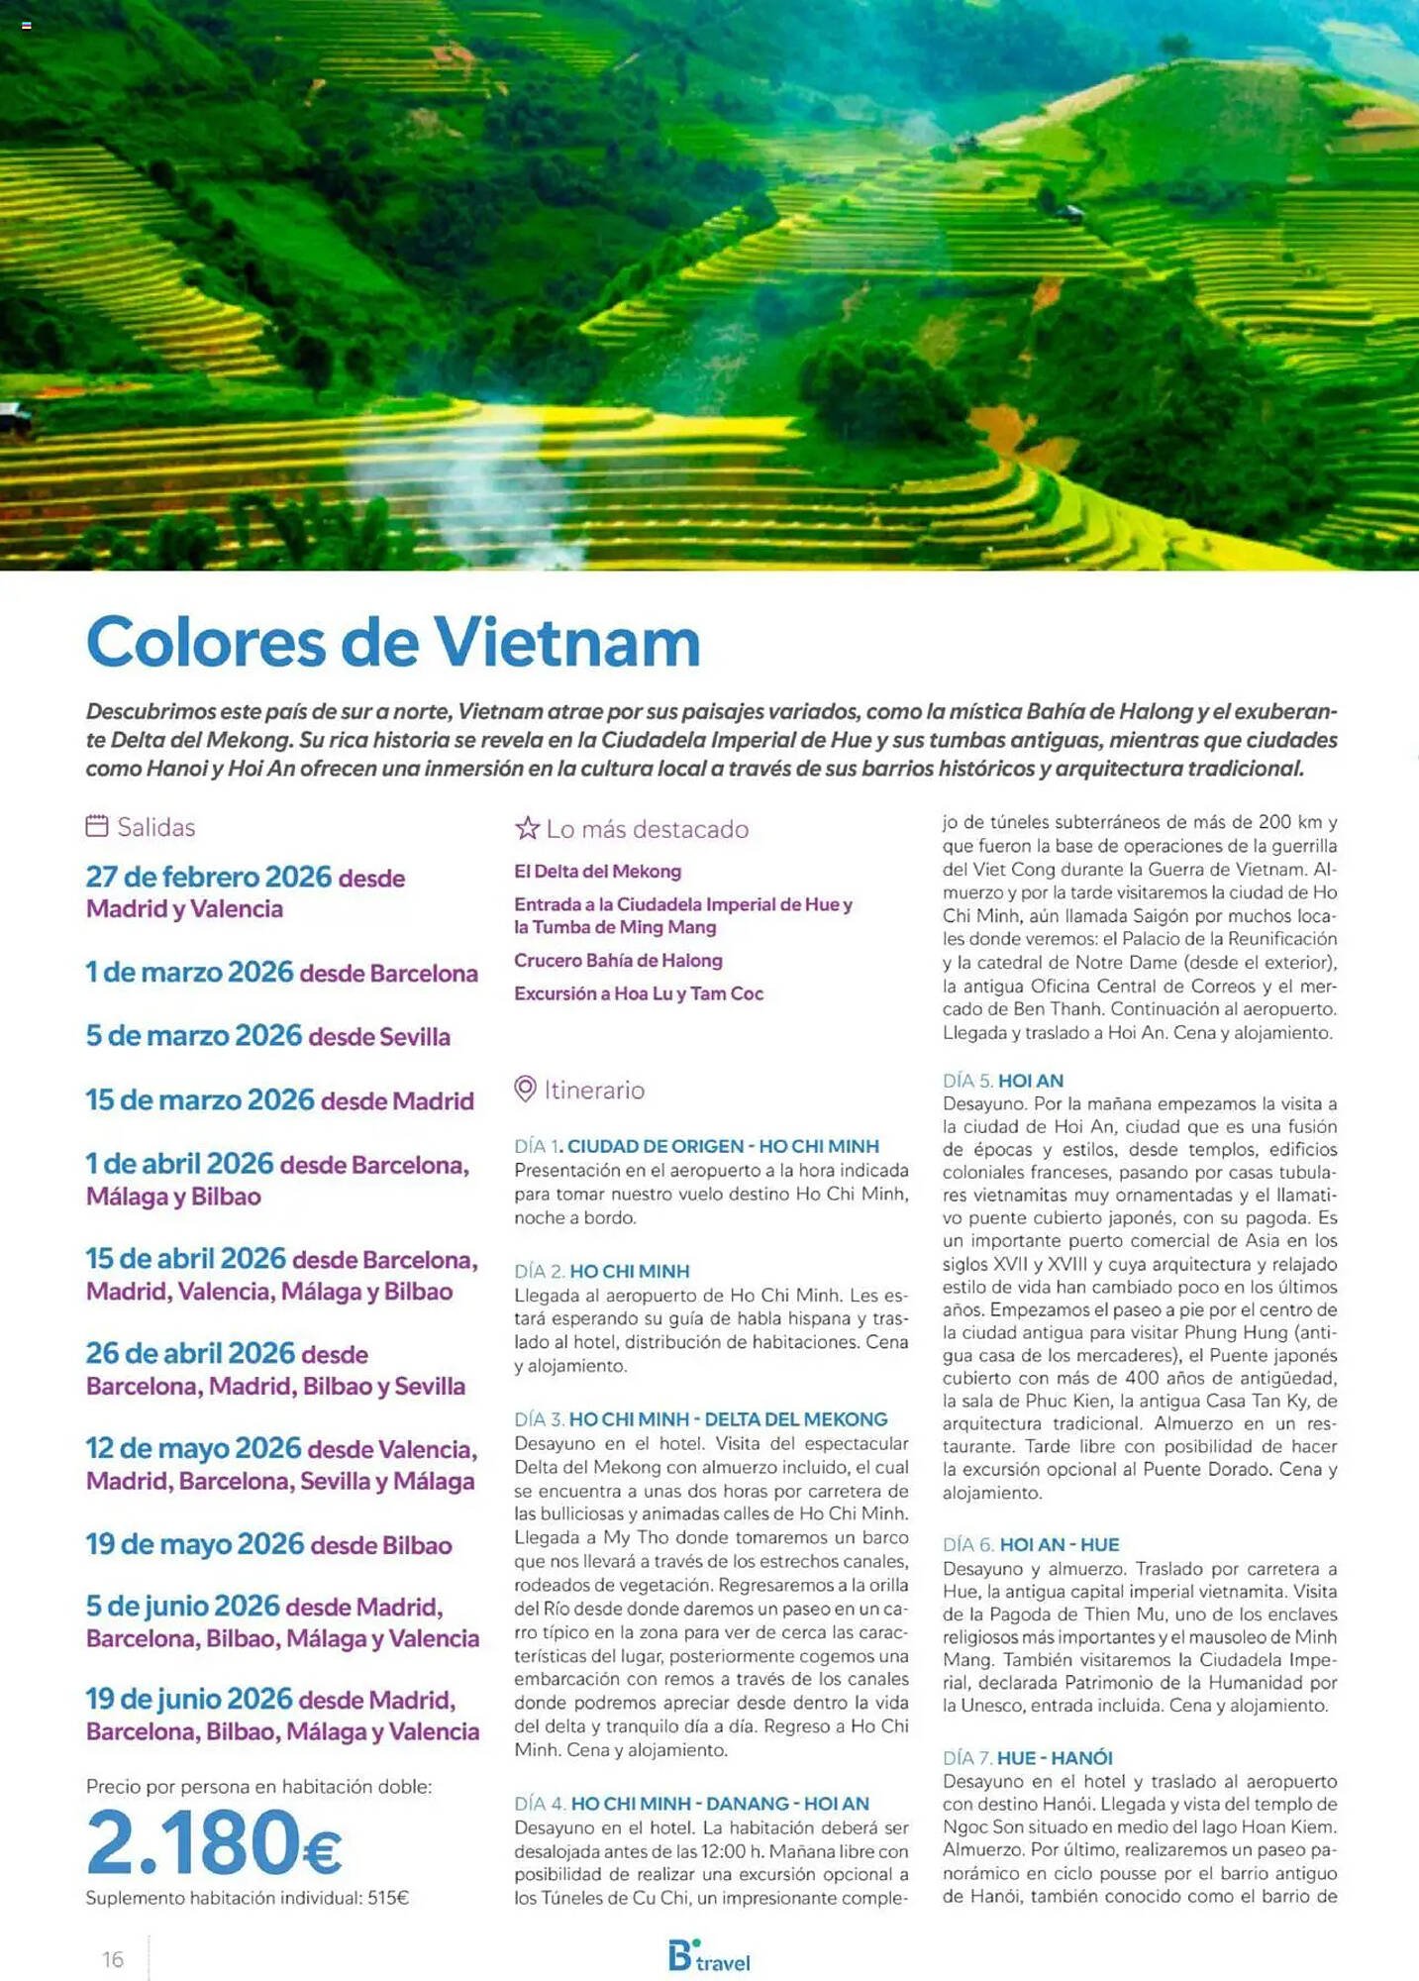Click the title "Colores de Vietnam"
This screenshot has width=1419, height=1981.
tap(393, 642)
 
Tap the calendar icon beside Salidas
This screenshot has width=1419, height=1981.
tap(96, 826)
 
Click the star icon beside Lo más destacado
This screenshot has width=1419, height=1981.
tap(527, 828)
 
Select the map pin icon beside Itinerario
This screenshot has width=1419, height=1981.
tap(525, 1089)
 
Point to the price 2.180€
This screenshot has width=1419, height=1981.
tap(214, 1842)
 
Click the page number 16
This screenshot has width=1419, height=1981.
tap(113, 1959)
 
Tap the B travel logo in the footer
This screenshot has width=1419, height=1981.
tap(708, 1956)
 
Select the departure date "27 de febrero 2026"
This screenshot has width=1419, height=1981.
tap(209, 877)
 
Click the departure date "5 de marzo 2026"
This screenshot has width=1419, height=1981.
tap(193, 1035)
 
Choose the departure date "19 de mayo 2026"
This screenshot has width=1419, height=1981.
tap(195, 1543)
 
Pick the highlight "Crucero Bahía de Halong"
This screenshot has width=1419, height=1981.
tap(618, 960)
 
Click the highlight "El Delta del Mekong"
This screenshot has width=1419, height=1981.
tap(597, 871)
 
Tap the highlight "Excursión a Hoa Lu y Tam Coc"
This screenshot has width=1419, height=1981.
tap(639, 993)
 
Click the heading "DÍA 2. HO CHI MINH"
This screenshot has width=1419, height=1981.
tap(601, 1271)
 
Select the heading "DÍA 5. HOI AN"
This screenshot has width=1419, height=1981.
tap(1003, 1080)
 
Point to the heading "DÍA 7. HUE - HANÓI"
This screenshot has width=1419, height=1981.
tap(1028, 1757)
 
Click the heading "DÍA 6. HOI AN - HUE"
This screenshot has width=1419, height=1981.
tap(1031, 1544)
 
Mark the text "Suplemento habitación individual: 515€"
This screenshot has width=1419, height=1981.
tap(247, 1898)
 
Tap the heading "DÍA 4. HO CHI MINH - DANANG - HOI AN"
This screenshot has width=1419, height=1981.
tap(691, 1804)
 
